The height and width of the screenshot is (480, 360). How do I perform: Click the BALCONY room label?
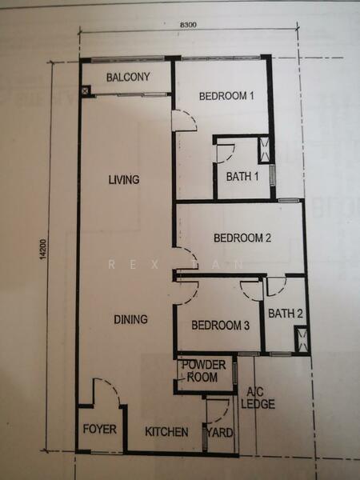coord(128,77)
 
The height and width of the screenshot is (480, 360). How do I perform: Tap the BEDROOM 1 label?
coord(226,96)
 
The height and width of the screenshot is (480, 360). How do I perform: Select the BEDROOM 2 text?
coord(242,238)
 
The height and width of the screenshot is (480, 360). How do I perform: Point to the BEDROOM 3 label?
coord(221,325)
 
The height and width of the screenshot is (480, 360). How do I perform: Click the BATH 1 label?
coord(242,176)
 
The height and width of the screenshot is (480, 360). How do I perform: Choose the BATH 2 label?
coord(286,314)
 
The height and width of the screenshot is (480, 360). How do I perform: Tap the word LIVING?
coord(124,179)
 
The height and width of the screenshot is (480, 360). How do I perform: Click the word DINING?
coord(130,319)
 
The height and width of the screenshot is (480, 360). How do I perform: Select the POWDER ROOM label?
coord(203,371)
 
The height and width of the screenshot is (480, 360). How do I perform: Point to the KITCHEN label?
coord(166,432)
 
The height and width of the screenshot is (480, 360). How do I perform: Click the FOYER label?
coord(100,429)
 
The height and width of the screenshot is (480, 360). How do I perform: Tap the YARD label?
coord(220,433)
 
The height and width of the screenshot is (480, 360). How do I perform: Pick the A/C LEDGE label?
coord(258,398)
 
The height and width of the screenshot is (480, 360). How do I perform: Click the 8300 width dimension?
coord(188,25)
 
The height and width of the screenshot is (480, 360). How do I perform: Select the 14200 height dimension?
coord(43,250)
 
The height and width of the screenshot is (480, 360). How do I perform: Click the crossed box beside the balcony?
coord(86,90)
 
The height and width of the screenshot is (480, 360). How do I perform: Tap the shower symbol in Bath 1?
coord(264,150)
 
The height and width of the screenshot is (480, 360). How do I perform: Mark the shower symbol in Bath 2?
coord(302,339)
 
